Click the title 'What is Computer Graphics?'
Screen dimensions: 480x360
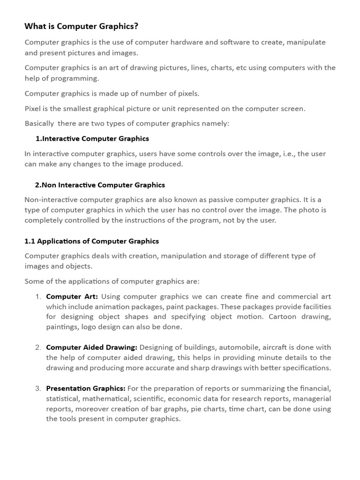[81, 26]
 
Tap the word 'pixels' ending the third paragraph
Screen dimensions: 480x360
[187, 93]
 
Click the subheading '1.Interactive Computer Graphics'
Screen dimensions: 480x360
[92, 139]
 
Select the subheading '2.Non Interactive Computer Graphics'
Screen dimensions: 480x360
[100, 185]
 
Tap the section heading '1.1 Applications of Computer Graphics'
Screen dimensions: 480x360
[91, 241]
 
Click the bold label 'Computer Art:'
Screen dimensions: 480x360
[72, 297]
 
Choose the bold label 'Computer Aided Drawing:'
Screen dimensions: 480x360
[91, 347]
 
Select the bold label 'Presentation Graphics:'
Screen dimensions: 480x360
[85, 389]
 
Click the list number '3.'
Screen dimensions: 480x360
[38, 389]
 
